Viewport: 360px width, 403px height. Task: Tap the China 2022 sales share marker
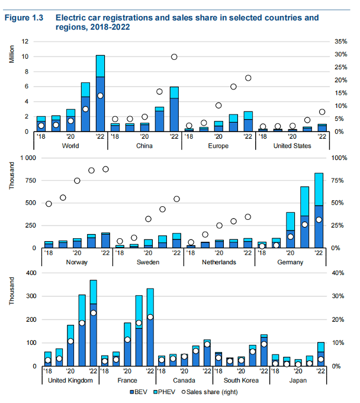(174, 57)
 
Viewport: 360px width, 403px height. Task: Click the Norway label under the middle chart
(78, 261)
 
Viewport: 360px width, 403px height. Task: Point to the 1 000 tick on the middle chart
(26, 158)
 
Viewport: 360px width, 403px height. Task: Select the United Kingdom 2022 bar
(94, 323)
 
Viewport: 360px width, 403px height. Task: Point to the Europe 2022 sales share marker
(248, 78)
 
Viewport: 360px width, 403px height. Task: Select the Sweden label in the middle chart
(148, 261)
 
